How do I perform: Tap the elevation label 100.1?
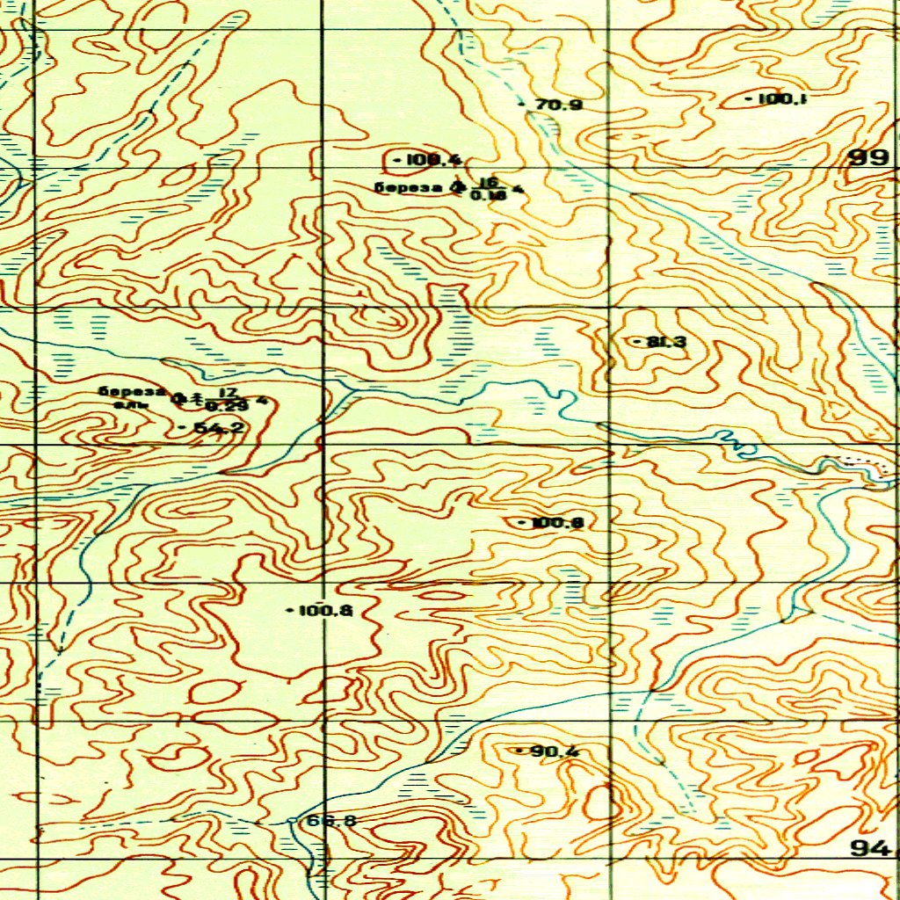click(780, 99)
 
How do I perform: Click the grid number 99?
click(868, 158)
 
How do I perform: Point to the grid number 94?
click(870, 847)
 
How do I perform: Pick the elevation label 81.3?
click(665, 341)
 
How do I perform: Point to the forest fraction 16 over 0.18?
click(489, 188)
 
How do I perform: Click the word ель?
click(127, 404)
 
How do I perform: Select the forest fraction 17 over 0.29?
click(227, 399)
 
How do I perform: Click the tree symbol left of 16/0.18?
click(455, 186)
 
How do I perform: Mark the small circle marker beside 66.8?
click(294, 821)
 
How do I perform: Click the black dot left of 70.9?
click(525, 105)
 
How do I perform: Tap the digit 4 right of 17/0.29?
click(261, 401)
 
